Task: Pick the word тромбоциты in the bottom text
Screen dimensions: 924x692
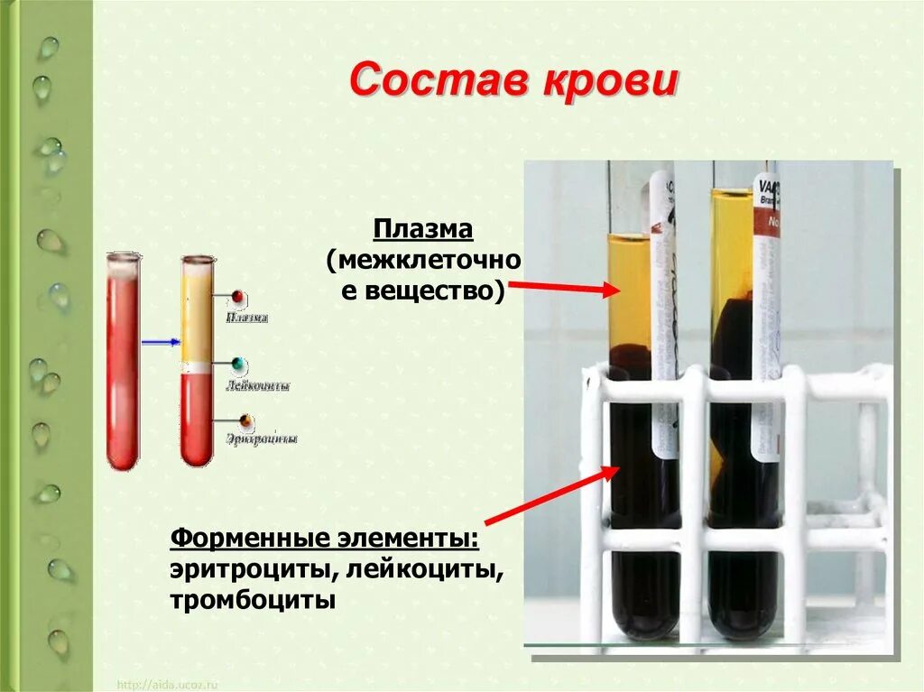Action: [253, 600]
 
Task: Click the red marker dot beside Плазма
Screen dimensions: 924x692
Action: [238, 296]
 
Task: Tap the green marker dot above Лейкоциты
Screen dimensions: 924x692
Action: [238, 364]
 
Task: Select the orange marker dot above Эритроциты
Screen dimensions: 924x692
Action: [245, 420]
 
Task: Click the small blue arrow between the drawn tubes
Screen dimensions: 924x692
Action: [160, 342]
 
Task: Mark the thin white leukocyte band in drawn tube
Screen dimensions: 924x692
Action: [196, 368]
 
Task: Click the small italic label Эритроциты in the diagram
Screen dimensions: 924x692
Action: [262, 439]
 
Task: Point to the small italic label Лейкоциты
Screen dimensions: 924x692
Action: [258, 385]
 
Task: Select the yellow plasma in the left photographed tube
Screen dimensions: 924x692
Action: [629, 289]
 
